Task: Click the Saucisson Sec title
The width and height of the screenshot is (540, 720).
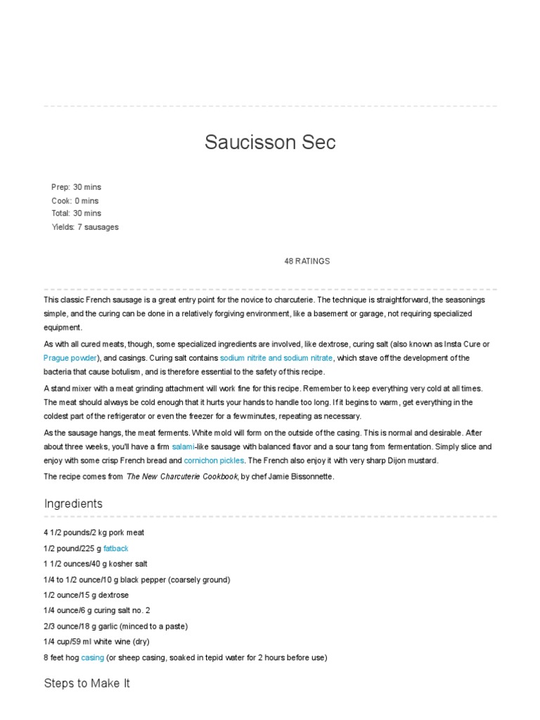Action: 270,142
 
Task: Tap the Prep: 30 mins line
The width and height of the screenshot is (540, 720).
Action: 76,187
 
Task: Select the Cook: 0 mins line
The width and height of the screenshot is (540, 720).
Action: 75,200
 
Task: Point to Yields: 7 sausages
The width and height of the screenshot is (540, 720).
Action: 85,227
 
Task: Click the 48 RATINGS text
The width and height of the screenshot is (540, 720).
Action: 307,261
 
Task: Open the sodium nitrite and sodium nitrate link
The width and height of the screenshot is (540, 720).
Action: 276,358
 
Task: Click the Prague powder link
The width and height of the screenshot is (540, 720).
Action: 70,358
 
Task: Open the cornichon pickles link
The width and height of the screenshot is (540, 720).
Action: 214,461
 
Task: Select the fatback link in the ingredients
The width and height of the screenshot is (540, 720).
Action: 116,548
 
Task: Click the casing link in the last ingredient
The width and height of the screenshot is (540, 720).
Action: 92,657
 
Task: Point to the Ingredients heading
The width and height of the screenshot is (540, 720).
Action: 73,503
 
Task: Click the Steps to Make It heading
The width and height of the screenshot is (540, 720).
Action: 87,683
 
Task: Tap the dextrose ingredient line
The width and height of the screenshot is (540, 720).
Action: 86,595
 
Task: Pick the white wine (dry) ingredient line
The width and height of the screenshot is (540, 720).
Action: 96,642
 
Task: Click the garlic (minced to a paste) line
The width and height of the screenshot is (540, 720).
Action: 115,626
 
